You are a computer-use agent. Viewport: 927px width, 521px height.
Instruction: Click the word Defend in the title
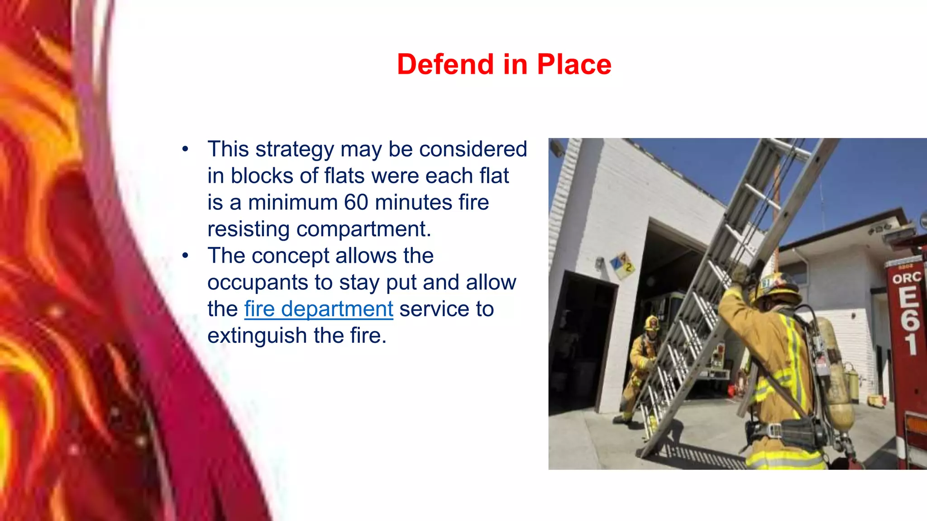pyautogui.click(x=445, y=64)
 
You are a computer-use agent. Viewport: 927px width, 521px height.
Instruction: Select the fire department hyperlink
pyautogui.click(x=319, y=309)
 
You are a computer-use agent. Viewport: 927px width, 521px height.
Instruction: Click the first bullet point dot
pyautogui.click(x=185, y=149)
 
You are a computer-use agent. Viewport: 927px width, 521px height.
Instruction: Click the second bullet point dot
pyautogui.click(x=185, y=256)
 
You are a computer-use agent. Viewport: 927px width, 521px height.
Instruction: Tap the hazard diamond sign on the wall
pyautogui.click(x=622, y=265)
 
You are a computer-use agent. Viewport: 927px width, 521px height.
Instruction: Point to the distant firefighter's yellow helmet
pyautogui.click(x=652, y=322)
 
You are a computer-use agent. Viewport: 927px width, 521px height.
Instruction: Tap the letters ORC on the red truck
pyautogui.click(x=906, y=277)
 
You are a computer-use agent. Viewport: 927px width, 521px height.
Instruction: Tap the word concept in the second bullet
pyautogui.click(x=290, y=256)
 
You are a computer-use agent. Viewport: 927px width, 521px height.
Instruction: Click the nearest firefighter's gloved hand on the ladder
pyautogui.click(x=741, y=274)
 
